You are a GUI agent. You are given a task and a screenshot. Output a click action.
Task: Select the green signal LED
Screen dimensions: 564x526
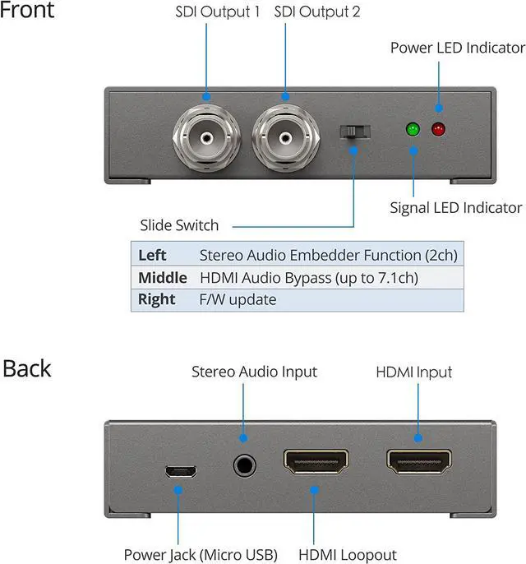click(x=413, y=129)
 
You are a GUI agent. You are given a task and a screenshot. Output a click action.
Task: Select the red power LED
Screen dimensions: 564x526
click(x=438, y=129)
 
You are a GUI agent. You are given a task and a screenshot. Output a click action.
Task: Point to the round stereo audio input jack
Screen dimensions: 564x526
click(x=243, y=466)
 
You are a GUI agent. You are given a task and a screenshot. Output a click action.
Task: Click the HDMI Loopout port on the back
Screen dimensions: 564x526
click(x=316, y=462)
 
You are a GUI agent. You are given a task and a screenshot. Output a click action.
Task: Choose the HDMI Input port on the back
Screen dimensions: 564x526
click(x=418, y=462)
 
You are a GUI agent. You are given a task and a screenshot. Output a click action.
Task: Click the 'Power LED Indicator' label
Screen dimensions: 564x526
click(x=457, y=48)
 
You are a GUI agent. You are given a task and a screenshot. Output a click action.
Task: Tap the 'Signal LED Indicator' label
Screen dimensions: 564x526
click(x=455, y=207)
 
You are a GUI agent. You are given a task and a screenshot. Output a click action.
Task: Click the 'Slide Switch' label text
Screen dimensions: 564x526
click(x=179, y=225)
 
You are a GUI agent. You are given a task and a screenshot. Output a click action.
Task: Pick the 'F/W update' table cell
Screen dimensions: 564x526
click(x=238, y=299)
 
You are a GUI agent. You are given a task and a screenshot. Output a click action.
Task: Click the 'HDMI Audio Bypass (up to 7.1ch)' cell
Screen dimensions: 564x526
click(x=309, y=277)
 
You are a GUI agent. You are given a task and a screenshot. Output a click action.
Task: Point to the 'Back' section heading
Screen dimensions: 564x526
click(x=26, y=368)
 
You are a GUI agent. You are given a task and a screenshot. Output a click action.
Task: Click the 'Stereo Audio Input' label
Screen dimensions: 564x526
click(x=254, y=371)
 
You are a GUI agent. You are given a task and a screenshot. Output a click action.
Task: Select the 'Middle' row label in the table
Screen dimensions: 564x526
click(x=162, y=277)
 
